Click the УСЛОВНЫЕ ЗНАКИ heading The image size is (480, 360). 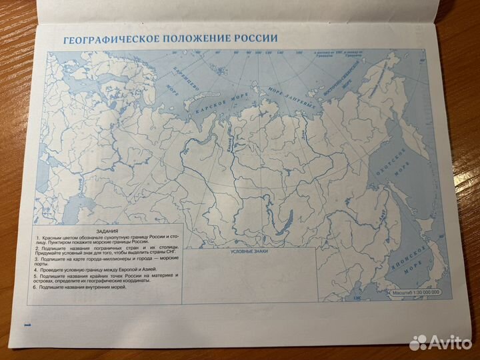pos(247,251)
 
